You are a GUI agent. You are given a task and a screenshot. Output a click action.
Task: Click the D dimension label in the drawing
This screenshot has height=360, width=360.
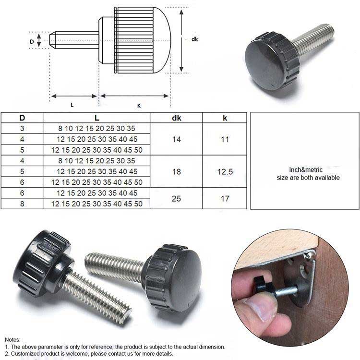click(32, 42)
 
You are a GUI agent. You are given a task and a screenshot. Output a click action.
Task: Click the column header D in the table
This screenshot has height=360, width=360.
click(22, 118)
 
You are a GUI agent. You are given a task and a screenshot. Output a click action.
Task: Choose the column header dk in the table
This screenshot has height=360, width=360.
click(176, 118)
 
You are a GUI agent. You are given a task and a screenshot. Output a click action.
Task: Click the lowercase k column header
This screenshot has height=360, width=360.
click(225, 118)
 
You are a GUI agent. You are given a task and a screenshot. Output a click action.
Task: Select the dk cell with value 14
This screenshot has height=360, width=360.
click(176, 139)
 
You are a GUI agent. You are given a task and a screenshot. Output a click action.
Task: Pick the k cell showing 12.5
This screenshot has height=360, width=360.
click(225, 171)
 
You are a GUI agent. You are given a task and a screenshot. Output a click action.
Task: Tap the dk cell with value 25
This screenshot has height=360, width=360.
click(176, 198)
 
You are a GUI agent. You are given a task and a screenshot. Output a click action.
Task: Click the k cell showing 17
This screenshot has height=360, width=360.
click(225, 198)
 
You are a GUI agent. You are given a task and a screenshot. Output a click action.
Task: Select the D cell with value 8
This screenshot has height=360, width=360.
click(22, 204)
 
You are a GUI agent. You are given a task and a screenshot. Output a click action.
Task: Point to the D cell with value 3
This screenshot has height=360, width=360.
click(22, 128)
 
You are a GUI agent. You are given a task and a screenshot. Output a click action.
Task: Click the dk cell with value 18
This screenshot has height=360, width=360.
click(176, 171)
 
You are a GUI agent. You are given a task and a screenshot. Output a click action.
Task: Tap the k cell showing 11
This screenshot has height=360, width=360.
click(225, 139)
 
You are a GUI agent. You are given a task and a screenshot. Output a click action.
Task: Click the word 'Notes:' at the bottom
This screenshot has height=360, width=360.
click(14, 339)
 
